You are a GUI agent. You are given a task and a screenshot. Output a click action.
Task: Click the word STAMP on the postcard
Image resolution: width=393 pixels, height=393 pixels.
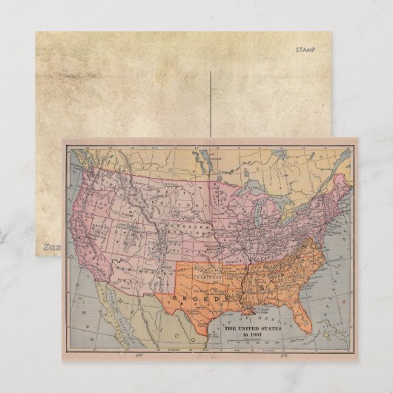pos(305,50)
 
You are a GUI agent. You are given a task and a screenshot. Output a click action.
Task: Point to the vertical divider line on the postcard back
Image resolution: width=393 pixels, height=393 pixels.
pos(212,104)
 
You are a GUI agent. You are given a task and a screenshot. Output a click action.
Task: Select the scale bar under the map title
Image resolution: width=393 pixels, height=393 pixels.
pos(249,343)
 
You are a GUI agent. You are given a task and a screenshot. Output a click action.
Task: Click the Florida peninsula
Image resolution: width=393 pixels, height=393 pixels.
pos(302,321)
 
